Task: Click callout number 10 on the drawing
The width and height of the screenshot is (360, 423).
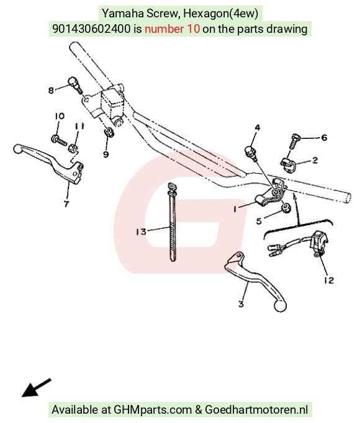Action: click(x=60, y=116)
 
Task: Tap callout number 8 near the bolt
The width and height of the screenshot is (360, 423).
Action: click(x=51, y=91)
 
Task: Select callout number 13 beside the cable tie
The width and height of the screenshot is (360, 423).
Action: click(x=141, y=232)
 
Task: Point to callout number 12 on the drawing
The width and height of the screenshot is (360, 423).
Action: click(x=329, y=280)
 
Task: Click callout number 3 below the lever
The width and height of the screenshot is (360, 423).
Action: click(x=241, y=304)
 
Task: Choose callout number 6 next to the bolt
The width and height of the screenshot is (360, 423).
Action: click(x=324, y=138)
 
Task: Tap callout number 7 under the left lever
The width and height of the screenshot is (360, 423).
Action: click(x=66, y=203)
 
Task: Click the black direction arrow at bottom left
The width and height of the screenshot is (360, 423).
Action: click(x=36, y=388)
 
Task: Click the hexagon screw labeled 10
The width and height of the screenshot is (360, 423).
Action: click(x=58, y=140)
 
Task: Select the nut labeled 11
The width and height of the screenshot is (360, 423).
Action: click(x=73, y=148)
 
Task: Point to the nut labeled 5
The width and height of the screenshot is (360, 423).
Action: click(x=286, y=208)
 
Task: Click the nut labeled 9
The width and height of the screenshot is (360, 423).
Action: click(x=109, y=132)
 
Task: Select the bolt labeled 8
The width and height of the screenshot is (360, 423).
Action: click(x=75, y=84)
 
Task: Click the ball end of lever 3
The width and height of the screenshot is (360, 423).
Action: click(x=280, y=306)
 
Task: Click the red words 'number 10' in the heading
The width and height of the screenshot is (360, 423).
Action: click(x=173, y=29)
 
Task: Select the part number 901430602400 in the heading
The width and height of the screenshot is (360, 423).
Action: click(x=91, y=29)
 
